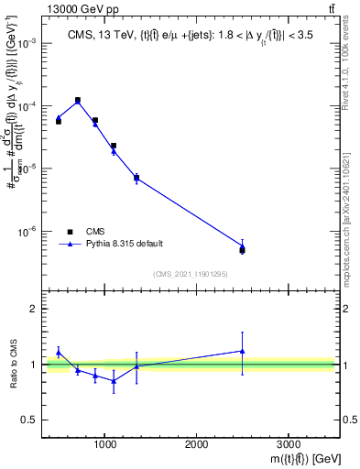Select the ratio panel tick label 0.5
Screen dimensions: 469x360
[30, 420]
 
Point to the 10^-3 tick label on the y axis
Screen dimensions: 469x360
[27, 44]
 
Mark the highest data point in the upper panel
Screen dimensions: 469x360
[78, 100]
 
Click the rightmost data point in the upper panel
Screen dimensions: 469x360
[242, 249]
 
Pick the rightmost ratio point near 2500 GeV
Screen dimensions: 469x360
[242, 351]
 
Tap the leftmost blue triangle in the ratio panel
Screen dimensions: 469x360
[59, 352]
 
